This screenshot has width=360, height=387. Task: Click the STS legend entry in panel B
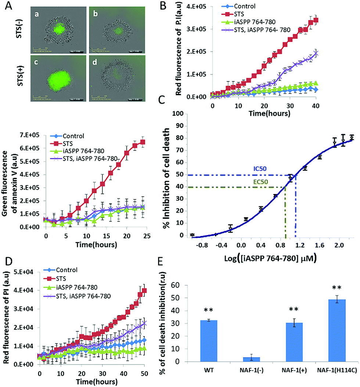tap(248, 14)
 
